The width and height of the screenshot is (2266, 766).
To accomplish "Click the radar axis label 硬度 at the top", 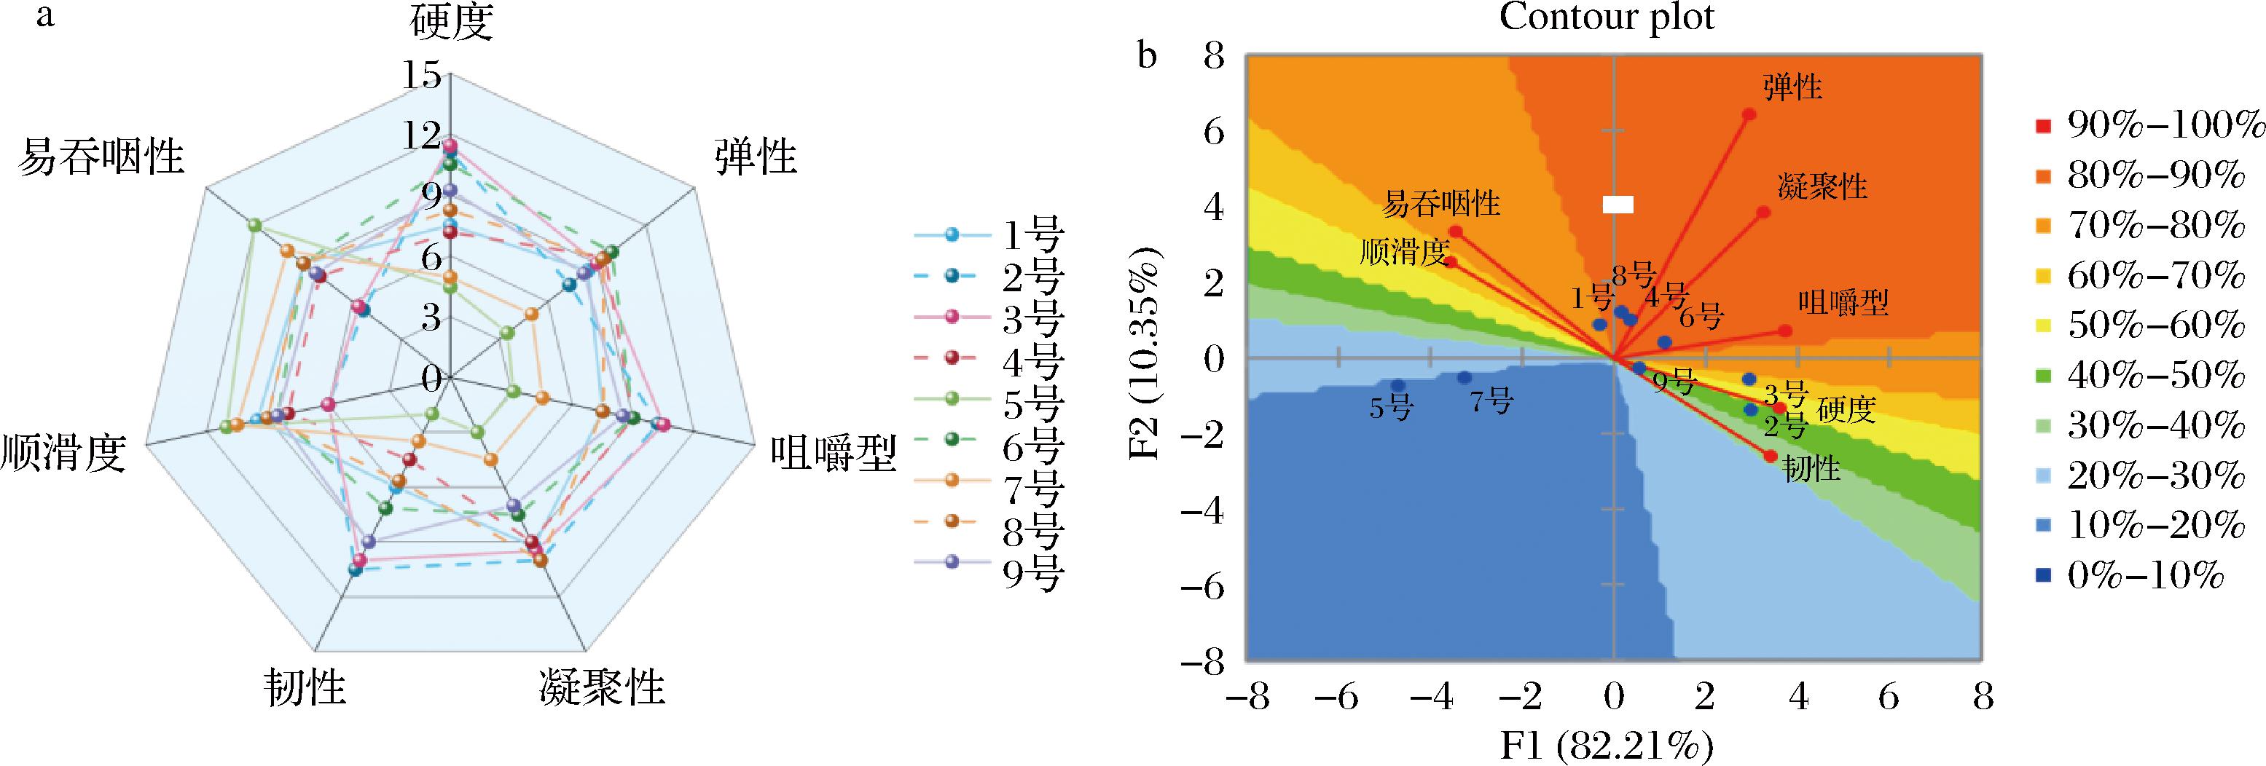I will click(450, 24).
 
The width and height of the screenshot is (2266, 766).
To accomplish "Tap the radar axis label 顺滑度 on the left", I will click(63, 453).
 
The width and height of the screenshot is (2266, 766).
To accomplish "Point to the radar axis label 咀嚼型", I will click(833, 454).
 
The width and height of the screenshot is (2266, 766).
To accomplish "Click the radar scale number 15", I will click(420, 76).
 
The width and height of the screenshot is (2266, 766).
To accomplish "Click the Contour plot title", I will click(1607, 17).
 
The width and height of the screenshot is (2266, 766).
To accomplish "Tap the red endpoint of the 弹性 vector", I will click(1749, 114).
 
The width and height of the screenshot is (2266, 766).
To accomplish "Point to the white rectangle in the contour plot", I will click(1618, 205).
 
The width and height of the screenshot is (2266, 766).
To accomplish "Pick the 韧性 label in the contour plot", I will click(1811, 469).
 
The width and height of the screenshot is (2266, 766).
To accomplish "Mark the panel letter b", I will click(1147, 58).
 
